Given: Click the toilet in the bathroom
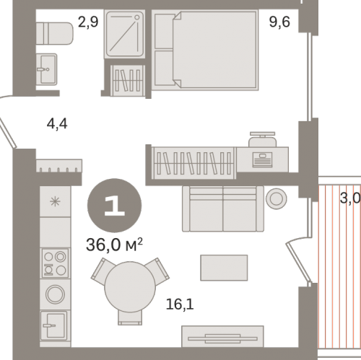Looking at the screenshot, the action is click(54, 33).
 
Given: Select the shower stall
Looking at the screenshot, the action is click(125, 34).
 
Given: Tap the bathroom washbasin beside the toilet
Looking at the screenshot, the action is click(47, 69).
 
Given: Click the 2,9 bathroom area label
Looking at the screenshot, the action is click(88, 22).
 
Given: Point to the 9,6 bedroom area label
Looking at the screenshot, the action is click(279, 22).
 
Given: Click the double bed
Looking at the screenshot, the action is click(205, 50).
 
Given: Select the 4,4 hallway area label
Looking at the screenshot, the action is click(57, 124).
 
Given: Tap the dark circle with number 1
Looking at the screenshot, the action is click(114, 206).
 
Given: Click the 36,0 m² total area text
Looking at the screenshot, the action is click(114, 245).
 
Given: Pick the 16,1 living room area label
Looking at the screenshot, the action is click(180, 304).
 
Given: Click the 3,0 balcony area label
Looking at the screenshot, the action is click(350, 198).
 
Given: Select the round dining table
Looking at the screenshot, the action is click(130, 287).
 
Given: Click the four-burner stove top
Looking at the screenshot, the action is click(55, 263).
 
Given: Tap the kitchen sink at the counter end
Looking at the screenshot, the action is click(53, 326).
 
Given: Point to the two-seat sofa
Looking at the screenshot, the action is click(223, 208).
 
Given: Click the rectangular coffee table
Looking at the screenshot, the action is click(224, 268).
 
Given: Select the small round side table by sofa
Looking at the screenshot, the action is click(277, 198).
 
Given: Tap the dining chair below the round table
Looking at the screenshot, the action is click(130, 317).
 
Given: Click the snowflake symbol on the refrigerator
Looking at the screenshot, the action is click(55, 201).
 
